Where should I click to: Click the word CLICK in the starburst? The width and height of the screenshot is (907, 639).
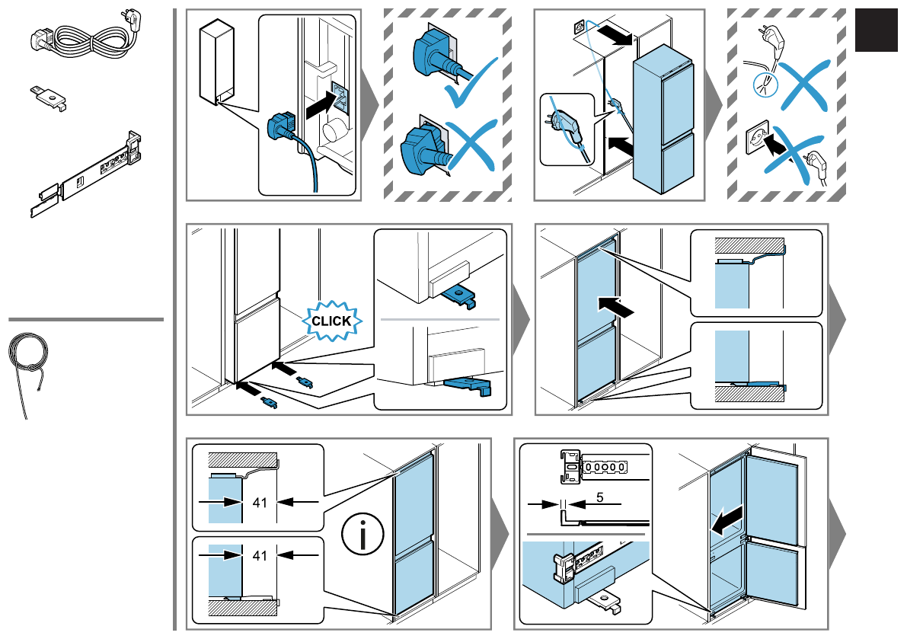[331, 321]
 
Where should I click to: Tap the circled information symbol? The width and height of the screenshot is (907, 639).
[362, 535]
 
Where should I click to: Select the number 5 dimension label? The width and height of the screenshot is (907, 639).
[600, 497]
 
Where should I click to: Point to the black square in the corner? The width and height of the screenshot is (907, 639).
[877, 30]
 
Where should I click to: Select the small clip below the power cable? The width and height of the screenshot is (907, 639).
[49, 97]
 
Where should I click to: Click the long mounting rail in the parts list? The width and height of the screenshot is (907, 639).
[85, 174]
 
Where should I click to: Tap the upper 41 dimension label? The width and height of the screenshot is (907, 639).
[260, 503]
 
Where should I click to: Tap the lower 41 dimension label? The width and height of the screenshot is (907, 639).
[260, 556]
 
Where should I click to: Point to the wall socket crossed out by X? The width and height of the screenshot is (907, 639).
[757, 135]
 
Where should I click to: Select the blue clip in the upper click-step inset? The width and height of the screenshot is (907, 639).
[461, 297]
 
